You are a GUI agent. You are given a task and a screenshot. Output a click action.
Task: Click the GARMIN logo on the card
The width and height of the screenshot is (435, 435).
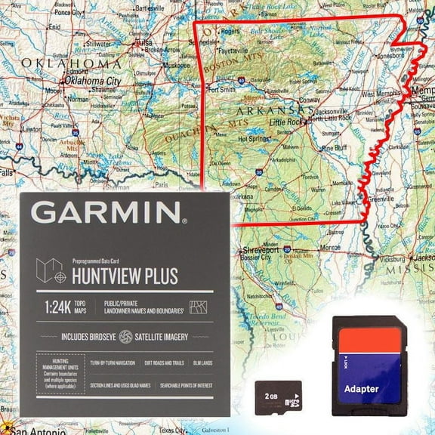(108, 212)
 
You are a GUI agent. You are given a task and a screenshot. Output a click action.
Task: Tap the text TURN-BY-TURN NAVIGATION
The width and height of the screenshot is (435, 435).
(113, 363)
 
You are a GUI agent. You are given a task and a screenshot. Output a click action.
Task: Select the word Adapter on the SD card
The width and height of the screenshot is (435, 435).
(362, 390)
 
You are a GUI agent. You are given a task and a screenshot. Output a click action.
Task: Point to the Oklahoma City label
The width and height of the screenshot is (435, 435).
(92, 81)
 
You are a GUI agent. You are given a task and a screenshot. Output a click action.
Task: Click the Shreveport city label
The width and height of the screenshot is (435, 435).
(260, 249)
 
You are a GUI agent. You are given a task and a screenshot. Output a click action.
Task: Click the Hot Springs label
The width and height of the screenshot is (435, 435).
(253, 139)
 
